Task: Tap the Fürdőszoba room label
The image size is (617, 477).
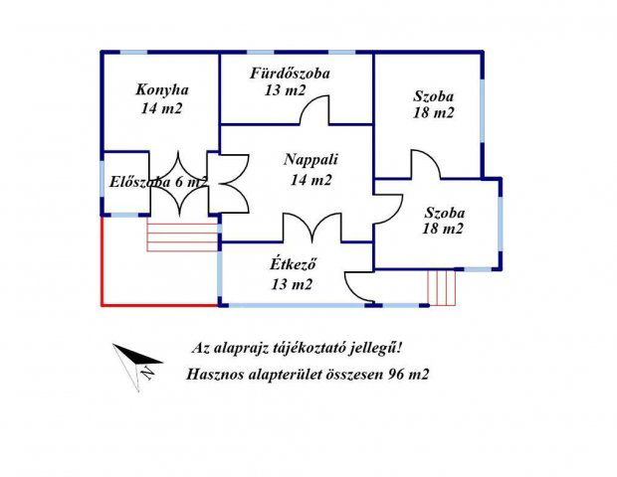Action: (x=291, y=74)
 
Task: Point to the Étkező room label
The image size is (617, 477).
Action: (x=293, y=264)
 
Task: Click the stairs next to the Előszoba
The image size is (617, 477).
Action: (x=182, y=236)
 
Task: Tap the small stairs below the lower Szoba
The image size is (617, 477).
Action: (x=441, y=286)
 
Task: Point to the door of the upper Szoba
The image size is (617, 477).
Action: (x=425, y=165)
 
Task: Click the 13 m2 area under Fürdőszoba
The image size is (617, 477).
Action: (x=286, y=91)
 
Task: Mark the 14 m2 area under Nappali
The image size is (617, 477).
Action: (x=311, y=180)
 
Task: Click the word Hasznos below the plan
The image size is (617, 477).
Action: (x=214, y=375)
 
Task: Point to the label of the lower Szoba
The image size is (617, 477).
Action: (x=444, y=212)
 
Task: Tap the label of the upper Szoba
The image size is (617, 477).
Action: (x=433, y=96)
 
